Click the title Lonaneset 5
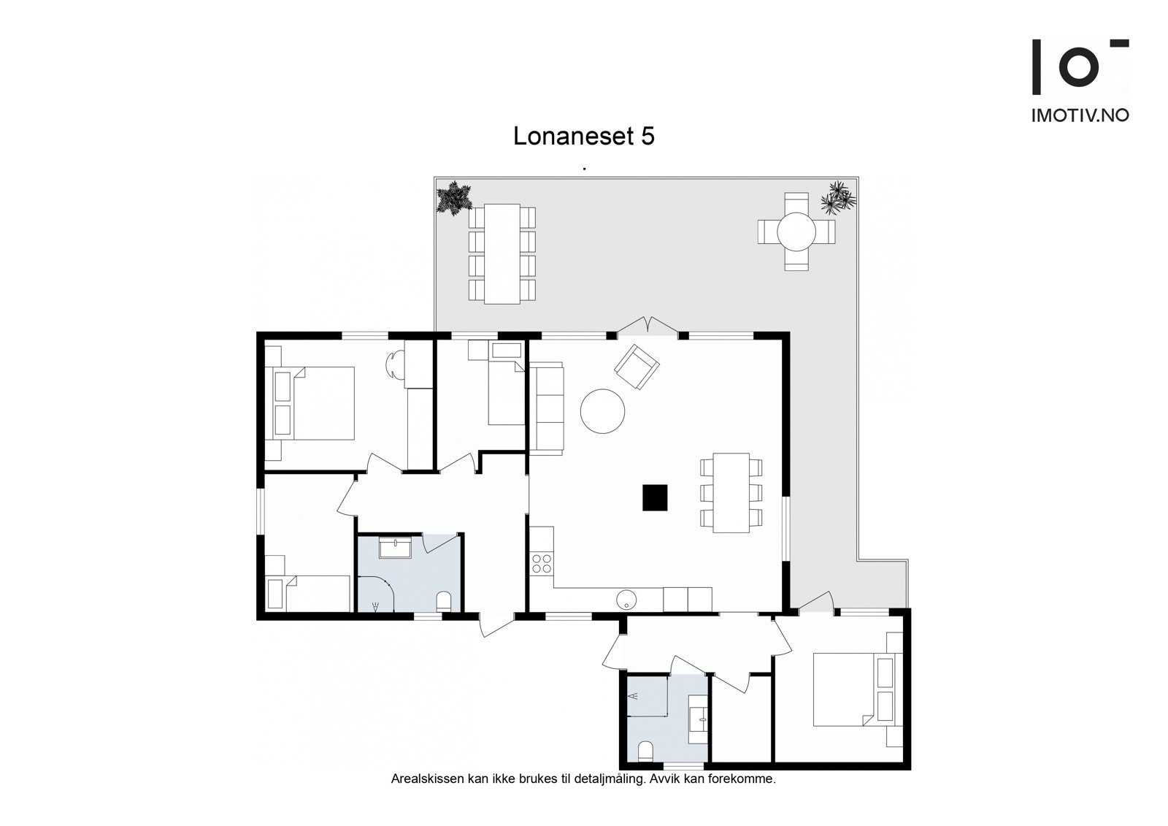pyautogui.click(x=583, y=137)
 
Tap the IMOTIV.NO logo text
pyautogui.click(x=1080, y=115)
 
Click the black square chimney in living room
pyautogui.click(x=655, y=497)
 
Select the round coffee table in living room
pyautogui.click(x=602, y=411)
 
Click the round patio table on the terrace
pyautogui.click(x=796, y=232)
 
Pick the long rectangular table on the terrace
pyautogui.click(x=502, y=253)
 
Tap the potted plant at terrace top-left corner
pyautogui.click(x=453, y=198)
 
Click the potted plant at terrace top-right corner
pyautogui.click(x=838, y=198)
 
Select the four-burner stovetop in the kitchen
pyautogui.click(x=542, y=562)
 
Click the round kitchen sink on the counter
pyautogui.click(x=627, y=600)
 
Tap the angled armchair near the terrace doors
pyautogui.click(x=637, y=367)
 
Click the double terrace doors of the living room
pyautogui.click(x=647, y=327)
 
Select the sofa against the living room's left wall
pyautogui.click(x=547, y=408)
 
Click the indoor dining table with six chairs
pyautogui.click(x=731, y=492)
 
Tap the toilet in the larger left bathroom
pyautogui.click(x=443, y=602)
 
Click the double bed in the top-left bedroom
pyautogui.click(x=314, y=402)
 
